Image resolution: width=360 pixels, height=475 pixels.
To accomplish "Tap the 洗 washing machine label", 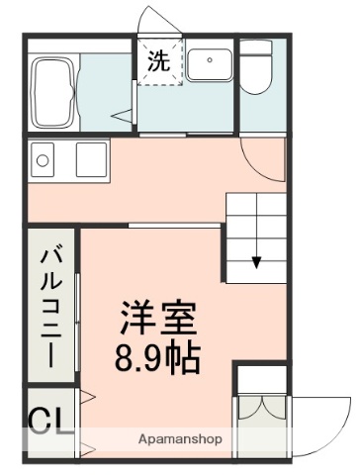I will [158, 60].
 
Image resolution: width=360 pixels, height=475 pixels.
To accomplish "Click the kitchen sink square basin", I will [91, 159].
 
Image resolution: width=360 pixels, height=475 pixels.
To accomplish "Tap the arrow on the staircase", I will [256, 261].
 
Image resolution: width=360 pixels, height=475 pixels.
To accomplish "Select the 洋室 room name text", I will [158, 319].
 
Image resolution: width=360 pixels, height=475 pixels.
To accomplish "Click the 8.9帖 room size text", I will [158, 356].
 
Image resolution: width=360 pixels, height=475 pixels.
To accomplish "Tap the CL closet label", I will [48, 422].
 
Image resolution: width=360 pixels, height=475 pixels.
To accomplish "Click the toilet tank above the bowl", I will [260, 49].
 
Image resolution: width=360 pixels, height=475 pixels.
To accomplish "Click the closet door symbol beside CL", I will [87, 421].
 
